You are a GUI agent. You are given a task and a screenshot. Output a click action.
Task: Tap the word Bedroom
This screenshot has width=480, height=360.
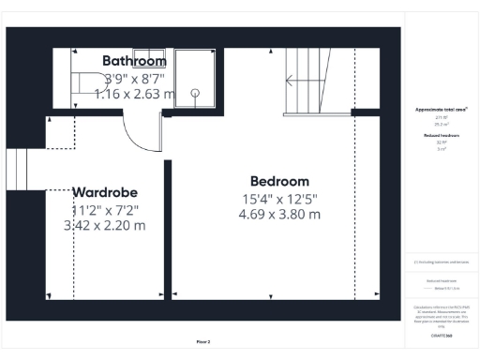pyautogui.click(x=279, y=181)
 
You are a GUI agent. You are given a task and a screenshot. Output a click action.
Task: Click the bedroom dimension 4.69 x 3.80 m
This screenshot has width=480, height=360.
pyautogui.click(x=279, y=214)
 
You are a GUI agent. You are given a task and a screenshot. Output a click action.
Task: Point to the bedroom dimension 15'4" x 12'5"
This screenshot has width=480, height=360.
pyautogui.click(x=279, y=198)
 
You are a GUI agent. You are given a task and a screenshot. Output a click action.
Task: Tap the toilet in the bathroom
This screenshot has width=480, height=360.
pyautogui.click(x=90, y=82)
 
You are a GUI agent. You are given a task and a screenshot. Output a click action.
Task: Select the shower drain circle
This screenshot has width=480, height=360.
pyautogui.click(x=197, y=92)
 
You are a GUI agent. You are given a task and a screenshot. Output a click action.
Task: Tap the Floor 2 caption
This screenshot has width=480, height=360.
pyautogui.click(x=202, y=341)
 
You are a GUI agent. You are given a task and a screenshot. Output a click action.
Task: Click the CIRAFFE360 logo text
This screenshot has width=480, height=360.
pyautogui.click(x=441, y=335)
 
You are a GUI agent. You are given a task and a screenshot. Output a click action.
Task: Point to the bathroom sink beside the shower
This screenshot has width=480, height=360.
pyautogui.click(x=149, y=56)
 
